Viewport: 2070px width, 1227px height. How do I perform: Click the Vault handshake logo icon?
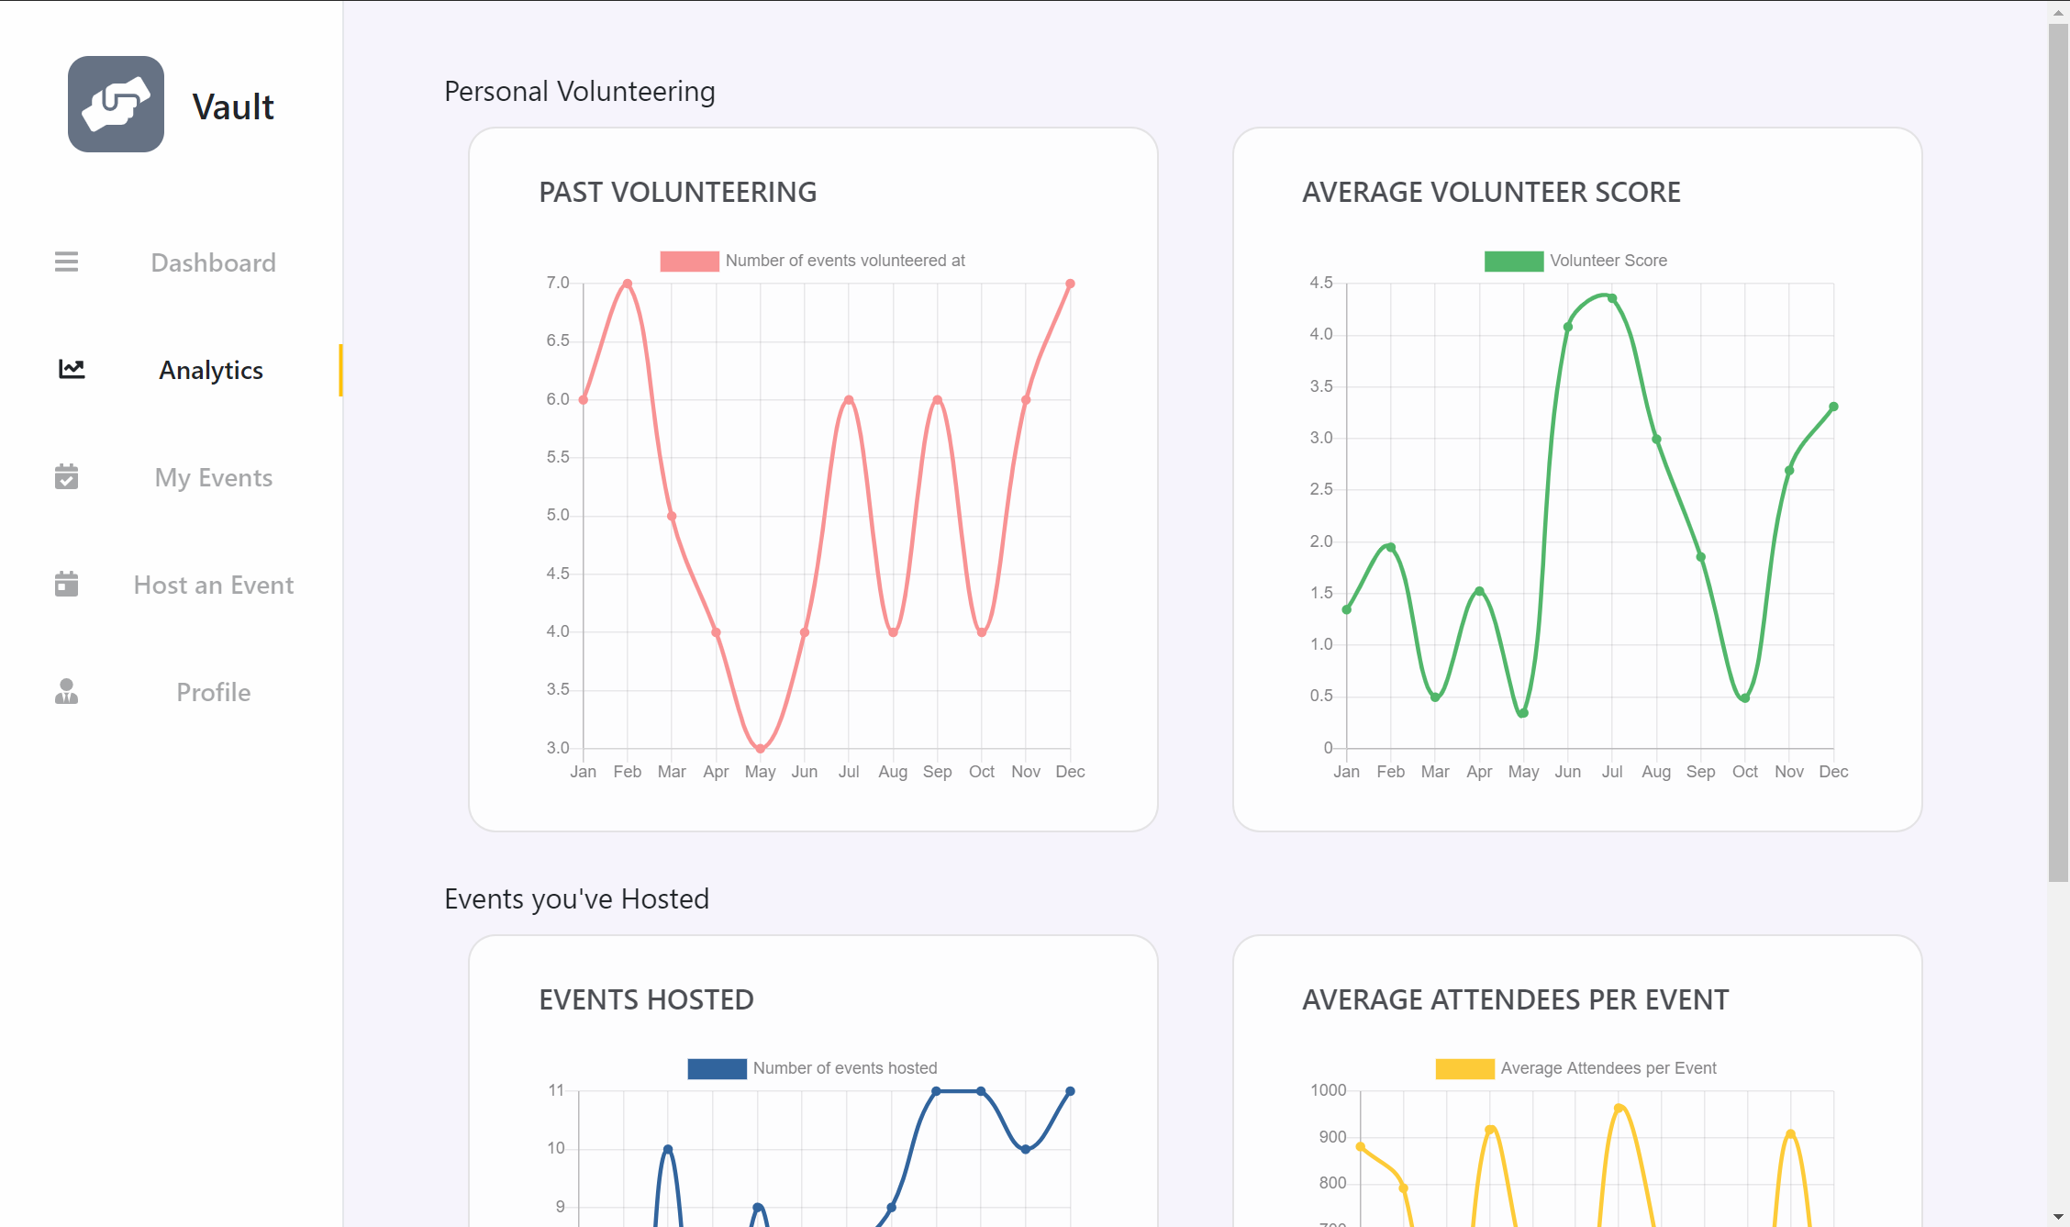116,105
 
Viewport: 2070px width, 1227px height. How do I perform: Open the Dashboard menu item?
213,263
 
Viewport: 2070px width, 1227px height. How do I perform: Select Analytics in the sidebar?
211,371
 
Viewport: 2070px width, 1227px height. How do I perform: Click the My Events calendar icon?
66,477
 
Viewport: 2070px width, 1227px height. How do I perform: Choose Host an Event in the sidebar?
213,586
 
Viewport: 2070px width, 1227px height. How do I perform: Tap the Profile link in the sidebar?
213,693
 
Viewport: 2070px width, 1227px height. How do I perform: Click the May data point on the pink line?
760,749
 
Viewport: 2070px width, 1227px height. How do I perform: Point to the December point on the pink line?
1070,284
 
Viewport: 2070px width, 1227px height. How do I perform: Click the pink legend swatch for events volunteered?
689,262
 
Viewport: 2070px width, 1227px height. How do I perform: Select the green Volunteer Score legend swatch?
1513,262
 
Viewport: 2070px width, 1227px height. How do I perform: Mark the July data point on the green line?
1612,298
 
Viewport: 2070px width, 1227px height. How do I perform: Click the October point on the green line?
1745,698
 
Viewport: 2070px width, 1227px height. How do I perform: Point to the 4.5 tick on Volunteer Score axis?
1321,283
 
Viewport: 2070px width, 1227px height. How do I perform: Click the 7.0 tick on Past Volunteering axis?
558,283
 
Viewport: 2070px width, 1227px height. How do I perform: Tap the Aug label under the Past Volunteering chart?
893,772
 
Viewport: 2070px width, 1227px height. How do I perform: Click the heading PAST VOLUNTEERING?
677,193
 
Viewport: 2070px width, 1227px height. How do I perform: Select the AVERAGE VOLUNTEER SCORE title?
1491,193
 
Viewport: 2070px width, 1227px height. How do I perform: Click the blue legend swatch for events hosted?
717,1069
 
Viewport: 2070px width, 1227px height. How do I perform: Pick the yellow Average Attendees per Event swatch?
1464,1069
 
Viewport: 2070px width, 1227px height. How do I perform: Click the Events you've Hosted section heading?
576,899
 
